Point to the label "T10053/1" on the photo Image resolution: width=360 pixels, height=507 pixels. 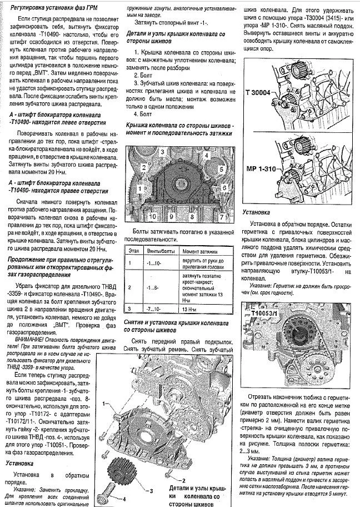tap(265, 312)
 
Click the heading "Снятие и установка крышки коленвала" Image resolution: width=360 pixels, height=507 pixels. tap(180, 322)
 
